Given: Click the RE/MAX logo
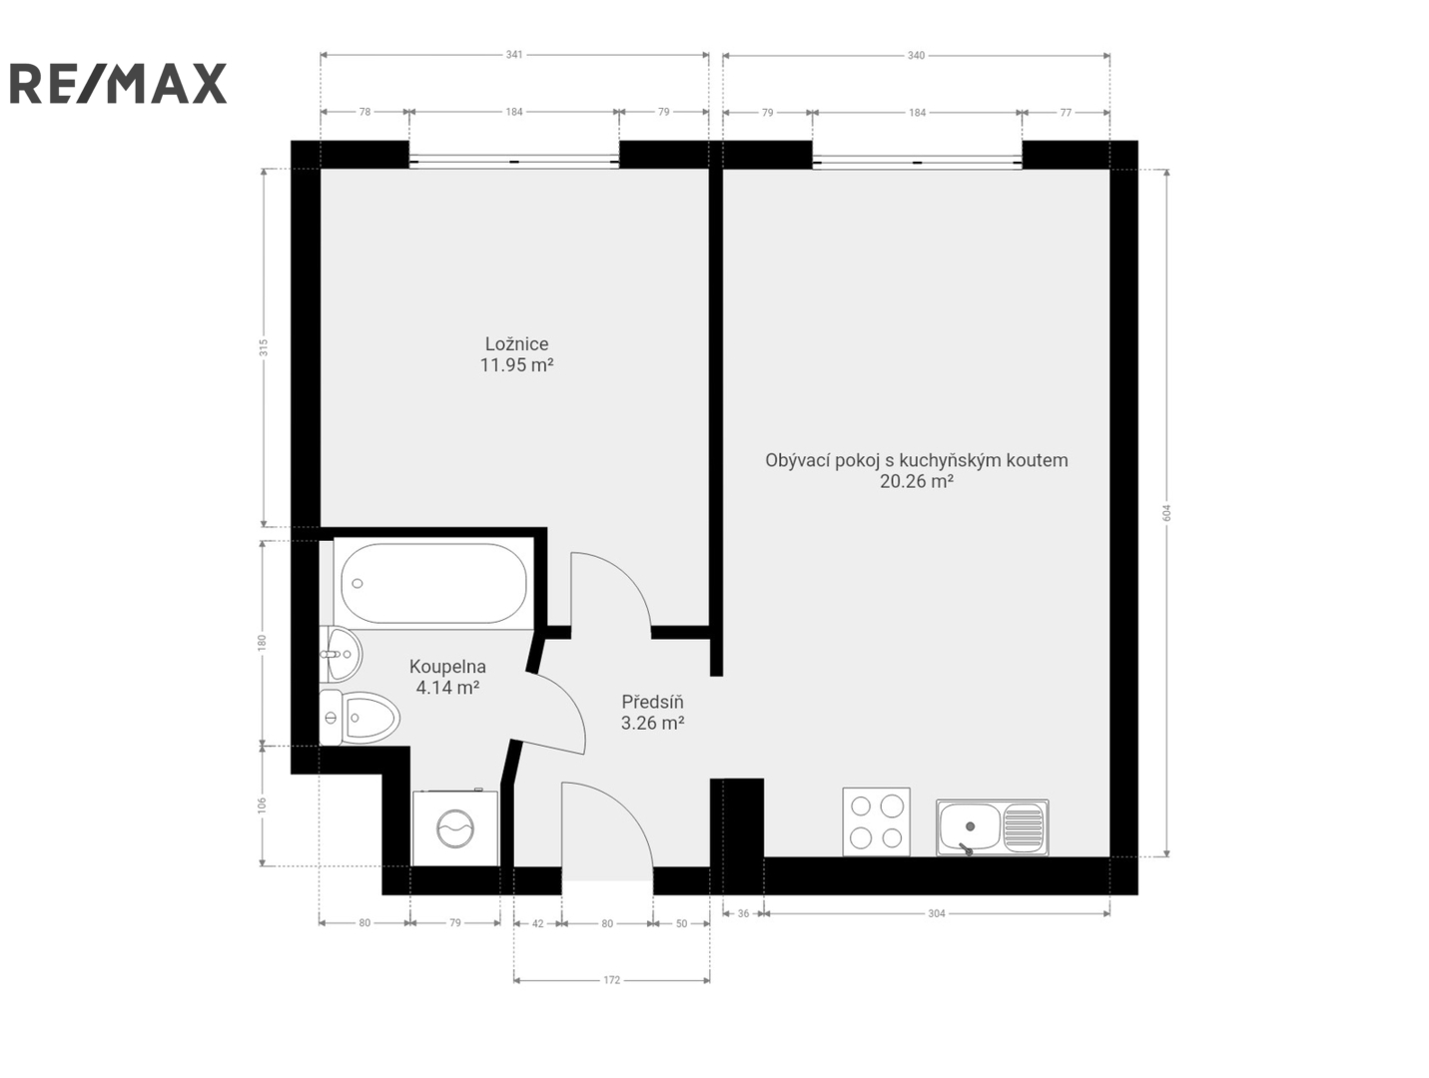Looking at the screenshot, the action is [x=118, y=83].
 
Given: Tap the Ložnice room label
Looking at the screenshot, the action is [x=516, y=343].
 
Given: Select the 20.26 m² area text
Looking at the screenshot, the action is [x=917, y=481].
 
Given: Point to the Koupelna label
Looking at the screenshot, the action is [x=447, y=666].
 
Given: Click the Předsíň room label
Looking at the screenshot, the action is [x=652, y=702].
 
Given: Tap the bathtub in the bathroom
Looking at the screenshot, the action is [x=434, y=584].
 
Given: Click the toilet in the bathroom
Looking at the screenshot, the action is [x=358, y=718].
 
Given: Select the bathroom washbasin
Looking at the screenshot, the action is [x=341, y=653].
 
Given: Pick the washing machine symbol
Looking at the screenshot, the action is [x=455, y=827].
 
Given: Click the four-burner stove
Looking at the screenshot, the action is [x=877, y=821].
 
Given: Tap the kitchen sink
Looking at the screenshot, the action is [x=993, y=826].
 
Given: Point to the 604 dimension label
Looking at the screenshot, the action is [x=1166, y=513].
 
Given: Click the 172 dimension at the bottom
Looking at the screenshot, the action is [x=611, y=980].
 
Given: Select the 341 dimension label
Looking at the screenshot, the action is [x=514, y=55].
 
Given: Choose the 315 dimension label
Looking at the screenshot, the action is [x=264, y=347].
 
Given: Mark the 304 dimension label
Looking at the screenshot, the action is [x=936, y=913].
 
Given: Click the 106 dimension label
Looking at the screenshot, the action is [x=263, y=806].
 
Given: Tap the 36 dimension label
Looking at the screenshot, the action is [x=744, y=913].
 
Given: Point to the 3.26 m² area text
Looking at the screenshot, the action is [x=652, y=723].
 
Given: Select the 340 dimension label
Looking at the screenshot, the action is [x=916, y=55].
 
